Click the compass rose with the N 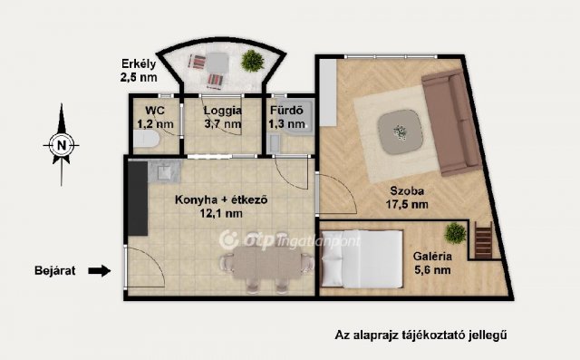pos(61,144)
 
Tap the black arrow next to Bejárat pos(101,269)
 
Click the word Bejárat pos(55,269)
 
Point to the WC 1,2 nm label pos(148,118)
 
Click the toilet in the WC pos(145,140)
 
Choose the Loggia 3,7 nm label pos(221,118)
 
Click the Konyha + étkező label pos(220,207)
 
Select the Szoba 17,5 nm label pos(409,199)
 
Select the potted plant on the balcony pos(251,61)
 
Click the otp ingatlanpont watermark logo pos(291,240)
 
